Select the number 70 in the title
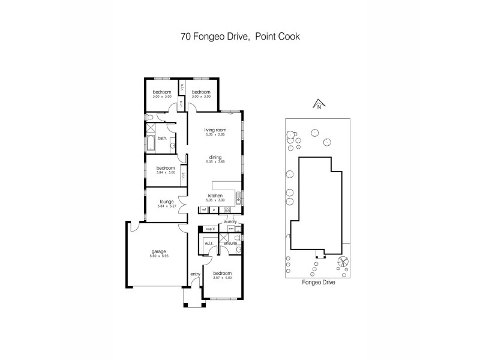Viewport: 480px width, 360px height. tap(187, 36)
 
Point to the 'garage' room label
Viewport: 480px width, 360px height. tap(158, 251)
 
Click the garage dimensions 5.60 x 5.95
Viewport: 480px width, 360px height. tap(158, 256)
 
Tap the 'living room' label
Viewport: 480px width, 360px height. tap(214, 130)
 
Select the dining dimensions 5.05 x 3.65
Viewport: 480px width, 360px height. tap(214, 162)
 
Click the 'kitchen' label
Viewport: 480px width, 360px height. tap(215, 196)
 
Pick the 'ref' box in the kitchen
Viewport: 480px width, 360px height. tap(204, 209)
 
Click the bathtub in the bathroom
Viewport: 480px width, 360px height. tap(151, 144)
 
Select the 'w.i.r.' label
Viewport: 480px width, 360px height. tap(209, 243)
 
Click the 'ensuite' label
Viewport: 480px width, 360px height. tap(230, 243)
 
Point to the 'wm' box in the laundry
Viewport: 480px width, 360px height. tap(231, 229)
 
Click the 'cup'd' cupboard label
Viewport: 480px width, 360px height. tap(209, 229)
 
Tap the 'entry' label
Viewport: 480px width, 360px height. tap(195, 274)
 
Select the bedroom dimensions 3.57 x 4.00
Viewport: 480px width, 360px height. tap(222, 278)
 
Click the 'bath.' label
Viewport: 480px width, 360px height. tap(162, 138)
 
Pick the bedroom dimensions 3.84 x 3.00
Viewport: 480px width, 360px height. tap(165, 173)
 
